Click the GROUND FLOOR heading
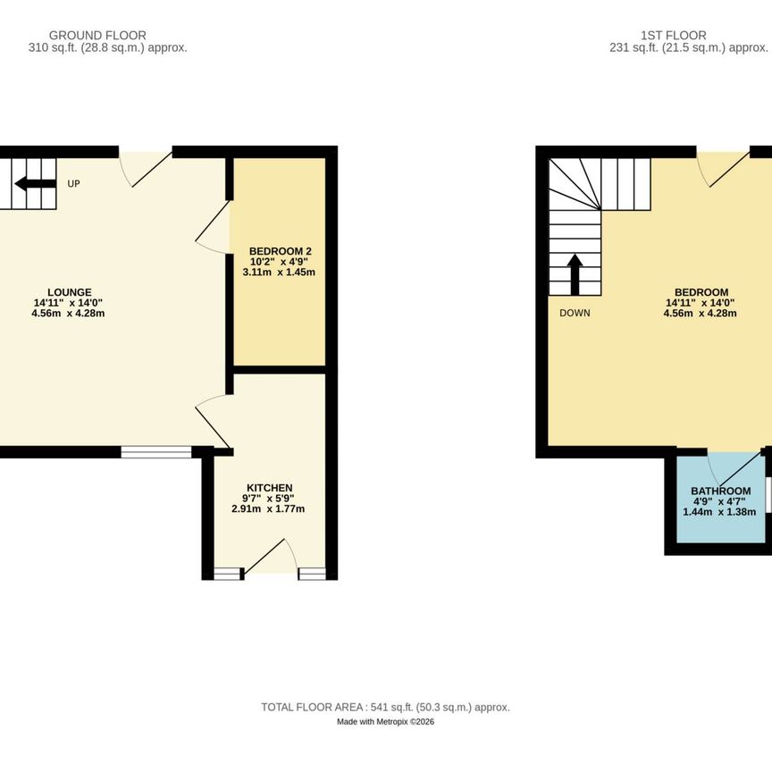[97, 36]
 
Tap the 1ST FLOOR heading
[673, 36]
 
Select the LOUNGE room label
[70, 292]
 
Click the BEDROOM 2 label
[281, 251]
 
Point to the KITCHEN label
[269, 488]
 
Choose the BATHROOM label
[720, 491]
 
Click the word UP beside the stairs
[73, 184]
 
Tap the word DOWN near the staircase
[575, 313]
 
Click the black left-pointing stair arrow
[35, 184]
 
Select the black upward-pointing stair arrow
[575, 274]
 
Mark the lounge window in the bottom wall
[156, 452]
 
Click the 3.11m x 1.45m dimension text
[279, 273]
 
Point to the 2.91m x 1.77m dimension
[268, 508]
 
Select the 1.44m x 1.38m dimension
[719, 512]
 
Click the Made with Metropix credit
[385, 722]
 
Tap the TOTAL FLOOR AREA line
[385, 708]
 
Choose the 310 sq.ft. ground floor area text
[108, 48]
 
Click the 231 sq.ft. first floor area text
[689, 48]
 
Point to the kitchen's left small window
[227, 574]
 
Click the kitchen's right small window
[313, 574]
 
